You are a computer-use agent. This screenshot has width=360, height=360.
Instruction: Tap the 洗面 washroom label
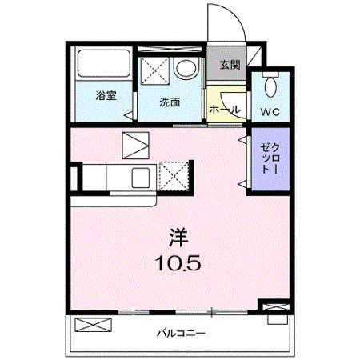pyautogui.click(x=168, y=102)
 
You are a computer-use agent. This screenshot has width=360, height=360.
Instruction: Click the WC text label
pyautogui.click(x=270, y=111)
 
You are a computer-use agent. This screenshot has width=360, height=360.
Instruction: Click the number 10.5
pyautogui.click(x=177, y=262)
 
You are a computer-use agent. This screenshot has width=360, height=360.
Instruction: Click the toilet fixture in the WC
pyautogui.click(x=270, y=85)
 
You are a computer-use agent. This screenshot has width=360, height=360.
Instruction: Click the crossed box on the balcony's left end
pyautogui.click(x=90, y=325)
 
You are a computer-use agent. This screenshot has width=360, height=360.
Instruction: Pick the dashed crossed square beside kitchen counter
pyautogui.click(x=174, y=175)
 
